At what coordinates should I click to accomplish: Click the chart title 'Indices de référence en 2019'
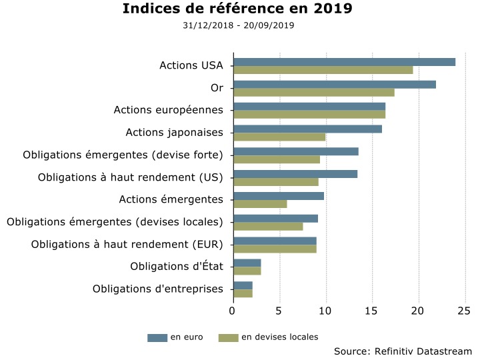[238, 9]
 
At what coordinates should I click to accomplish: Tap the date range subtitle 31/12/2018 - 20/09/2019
[238, 25]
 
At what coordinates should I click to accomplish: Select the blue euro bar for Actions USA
[344, 62]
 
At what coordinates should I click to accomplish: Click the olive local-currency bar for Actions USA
[323, 70]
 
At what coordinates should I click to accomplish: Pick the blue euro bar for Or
[334, 85]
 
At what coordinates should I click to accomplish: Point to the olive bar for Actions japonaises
[279, 137]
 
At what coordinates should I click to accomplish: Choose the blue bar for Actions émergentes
[278, 196]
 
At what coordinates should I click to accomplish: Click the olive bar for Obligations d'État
[247, 271]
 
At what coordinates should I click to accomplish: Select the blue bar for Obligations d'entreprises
[243, 285]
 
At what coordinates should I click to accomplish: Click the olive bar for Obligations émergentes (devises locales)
[268, 226]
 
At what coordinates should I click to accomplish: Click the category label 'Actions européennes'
[169, 110]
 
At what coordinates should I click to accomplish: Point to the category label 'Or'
[217, 88]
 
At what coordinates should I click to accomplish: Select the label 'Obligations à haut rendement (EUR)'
[127, 245]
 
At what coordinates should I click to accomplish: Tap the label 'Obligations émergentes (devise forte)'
[123, 155]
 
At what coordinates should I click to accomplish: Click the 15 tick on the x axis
[372, 311]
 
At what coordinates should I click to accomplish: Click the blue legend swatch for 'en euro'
[157, 338]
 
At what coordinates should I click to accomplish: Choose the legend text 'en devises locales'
[280, 337]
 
